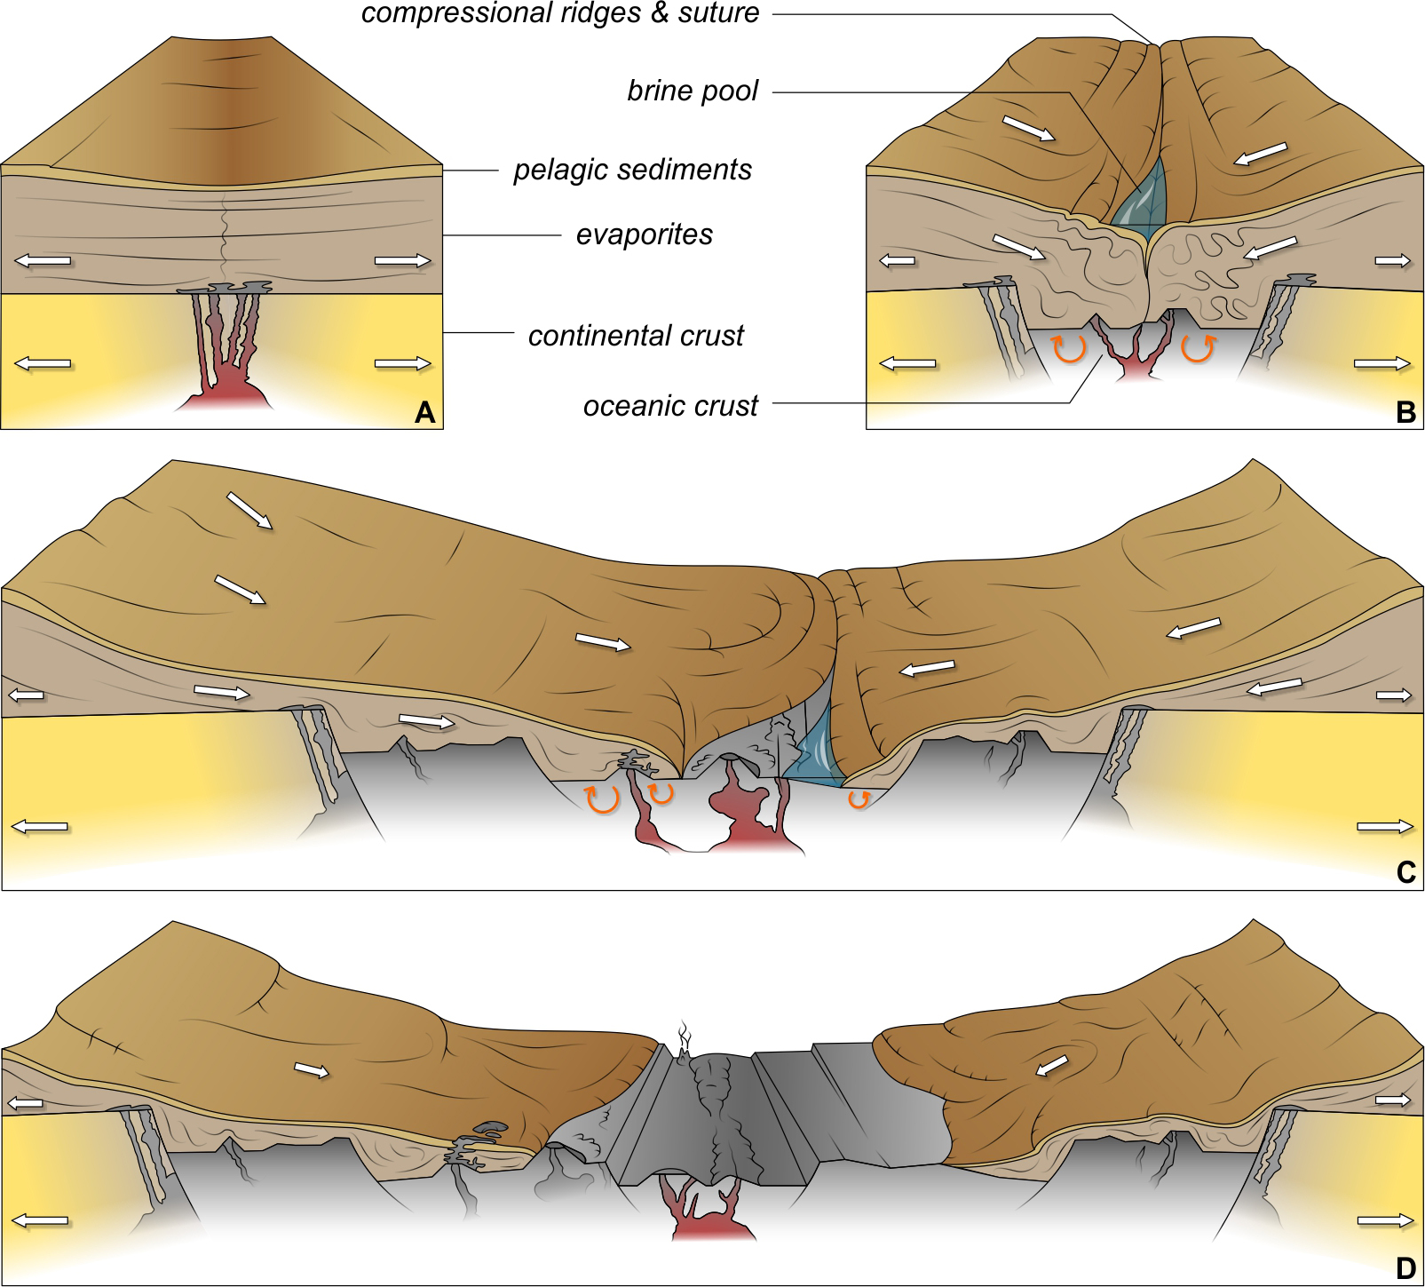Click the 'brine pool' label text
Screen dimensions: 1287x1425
pyautogui.click(x=693, y=91)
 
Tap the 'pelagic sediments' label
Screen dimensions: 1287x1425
pyautogui.click(x=632, y=170)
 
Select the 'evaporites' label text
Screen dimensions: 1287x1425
pyautogui.click(x=645, y=234)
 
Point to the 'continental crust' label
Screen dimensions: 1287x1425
pyautogui.click(x=636, y=336)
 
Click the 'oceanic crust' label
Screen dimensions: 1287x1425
pyautogui.click(x=670, y=406)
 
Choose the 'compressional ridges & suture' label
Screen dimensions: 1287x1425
pyautogui.click(x=560, y=13)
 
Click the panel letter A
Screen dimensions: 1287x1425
pyautogui.click(x=424, y=412)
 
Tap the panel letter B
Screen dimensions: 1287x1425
pyautogui.click(x=1405, y=412)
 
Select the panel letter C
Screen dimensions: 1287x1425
pyautogui.click(x=1405, y=873)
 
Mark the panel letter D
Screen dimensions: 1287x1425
pyautogui.click(x=1405, y=1268)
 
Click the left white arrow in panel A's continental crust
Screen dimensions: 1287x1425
pyautogui.click(x=42, y=363)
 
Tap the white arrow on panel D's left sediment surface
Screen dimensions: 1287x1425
pyautogui.click(x=311, y=1070)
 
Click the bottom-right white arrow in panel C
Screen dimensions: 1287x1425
pyautogui.click(x=1385, y=827)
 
